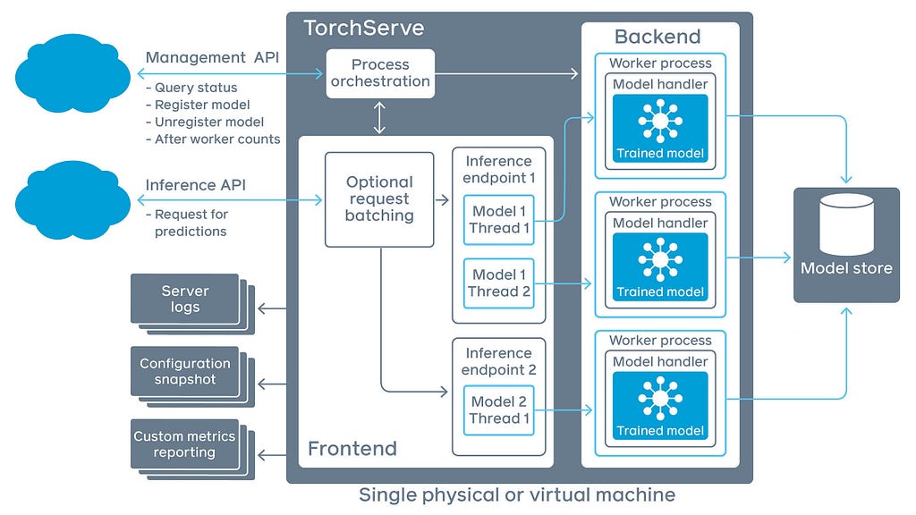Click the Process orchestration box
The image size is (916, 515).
pyautogui.click(x=379, y=73)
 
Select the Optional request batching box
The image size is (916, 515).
pyautogui.click(x=379, y=198)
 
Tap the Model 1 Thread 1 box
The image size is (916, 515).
pyautogui.click(x=499, y=220)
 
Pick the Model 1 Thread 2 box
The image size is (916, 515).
pyautogui.click(x=499, y=283)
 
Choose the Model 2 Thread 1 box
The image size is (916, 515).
pyautogui.click(x=499, y=410)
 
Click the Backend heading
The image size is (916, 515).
pyautogui.click(x=657, y=37)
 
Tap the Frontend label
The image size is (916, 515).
pyautogui.click(x=352, y=448)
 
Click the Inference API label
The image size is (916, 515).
pyautogui.click(x=195, y=185)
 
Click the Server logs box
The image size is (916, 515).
pyautogui.click(x=185, y=299)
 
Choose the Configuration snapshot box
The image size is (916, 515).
pyautogui.click(x=185, y=371)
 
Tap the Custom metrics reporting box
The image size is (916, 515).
pyautogui.click(x=185, y=444)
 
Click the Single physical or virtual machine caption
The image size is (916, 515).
pyautogui.click(x=517, y=494)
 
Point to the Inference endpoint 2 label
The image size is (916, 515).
pyautogui.click(x=498, y=361)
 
